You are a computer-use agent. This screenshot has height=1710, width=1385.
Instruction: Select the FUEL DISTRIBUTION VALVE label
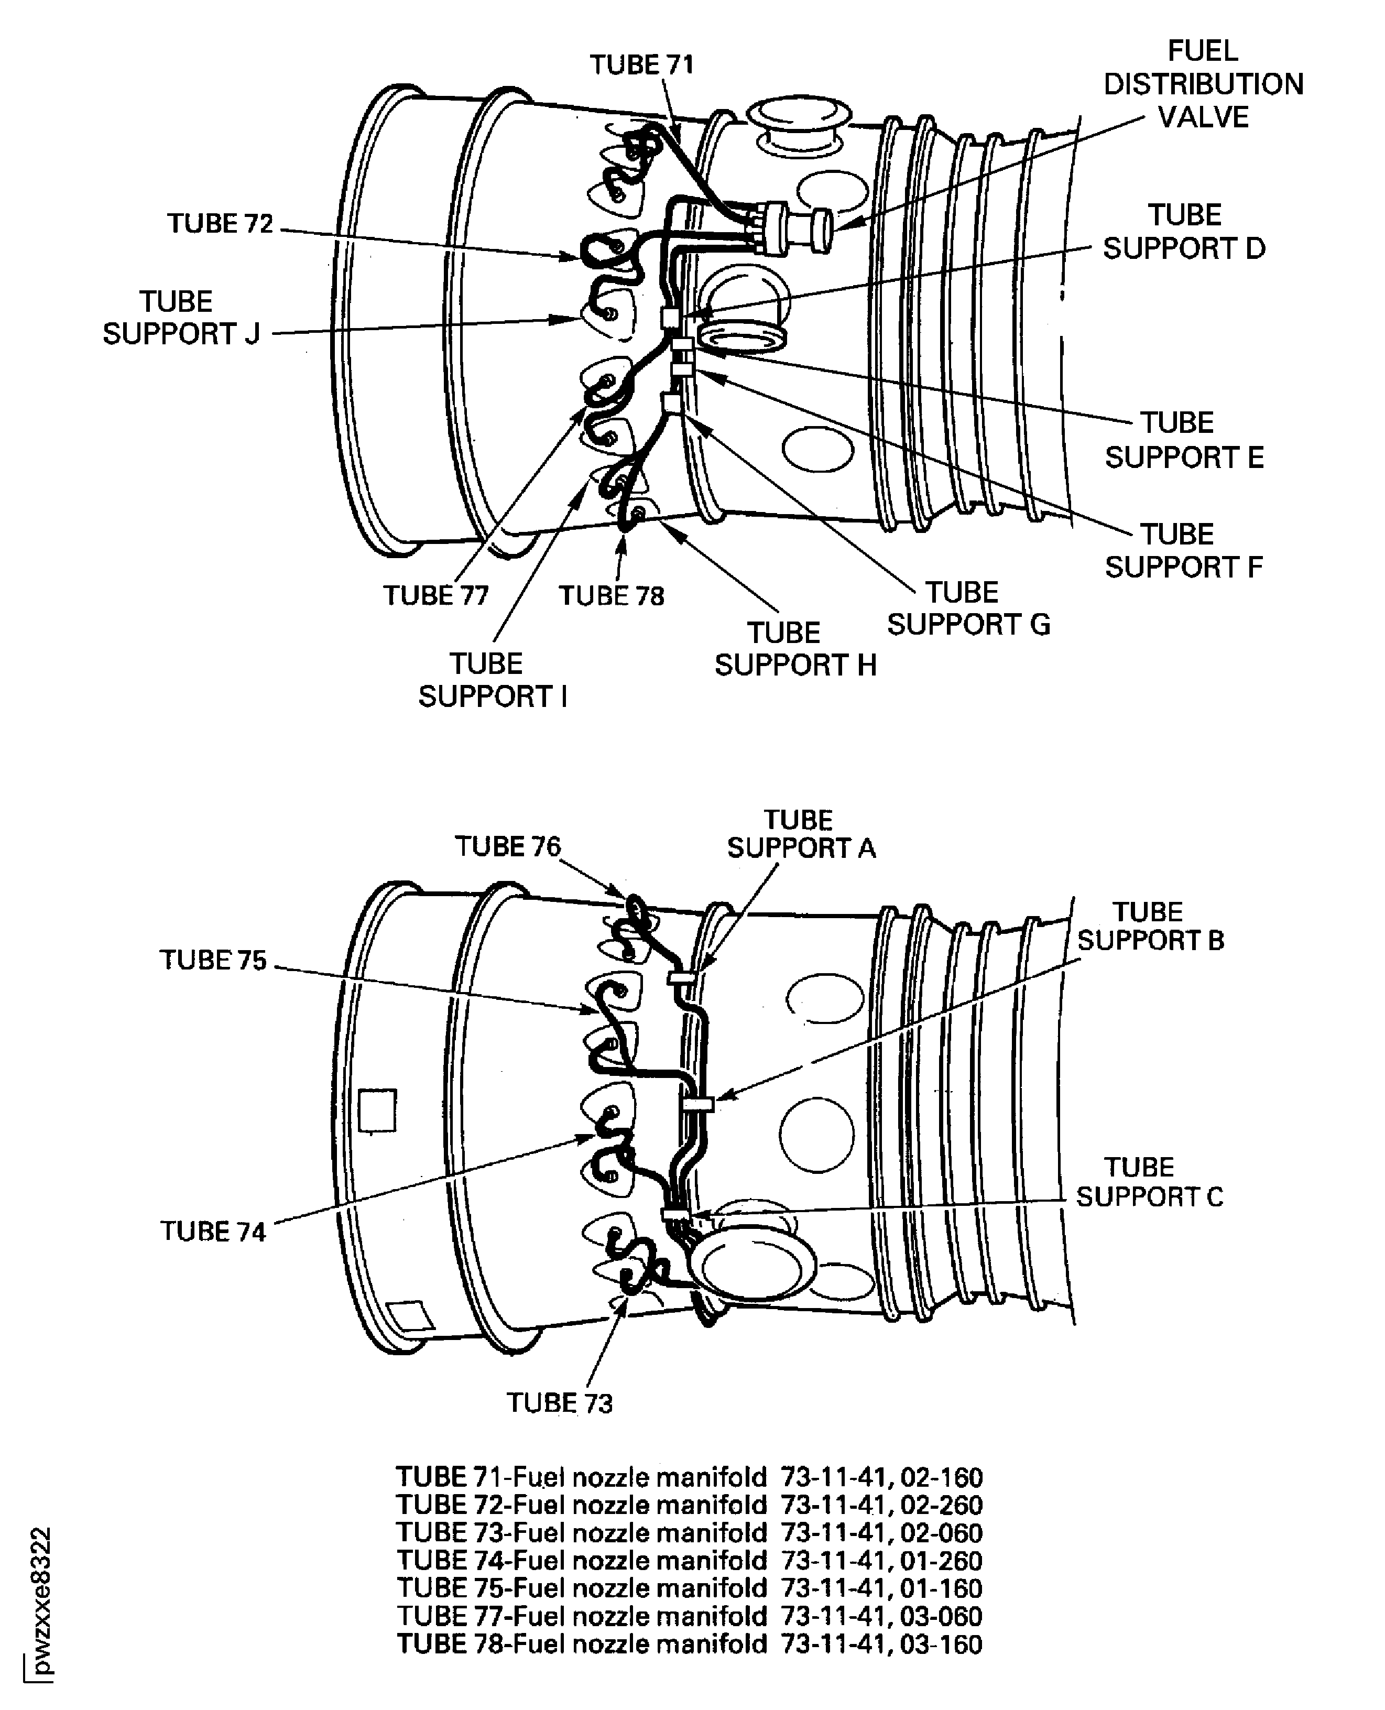tap(1203, 84)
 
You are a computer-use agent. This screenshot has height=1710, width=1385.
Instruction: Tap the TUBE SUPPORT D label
tap(1184, 232)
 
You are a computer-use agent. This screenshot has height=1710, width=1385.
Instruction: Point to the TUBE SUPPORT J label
tap(181, 318)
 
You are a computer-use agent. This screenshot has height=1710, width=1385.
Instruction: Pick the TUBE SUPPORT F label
tap(1183, 551)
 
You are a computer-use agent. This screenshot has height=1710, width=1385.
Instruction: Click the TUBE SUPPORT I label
tap(492, 680)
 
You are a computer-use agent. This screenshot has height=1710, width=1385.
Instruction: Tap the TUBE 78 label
tap(611, 596)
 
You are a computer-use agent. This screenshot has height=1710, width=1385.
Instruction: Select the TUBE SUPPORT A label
tap(801, 834)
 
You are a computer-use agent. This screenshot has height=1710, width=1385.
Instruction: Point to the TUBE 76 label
tap(507, 846)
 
